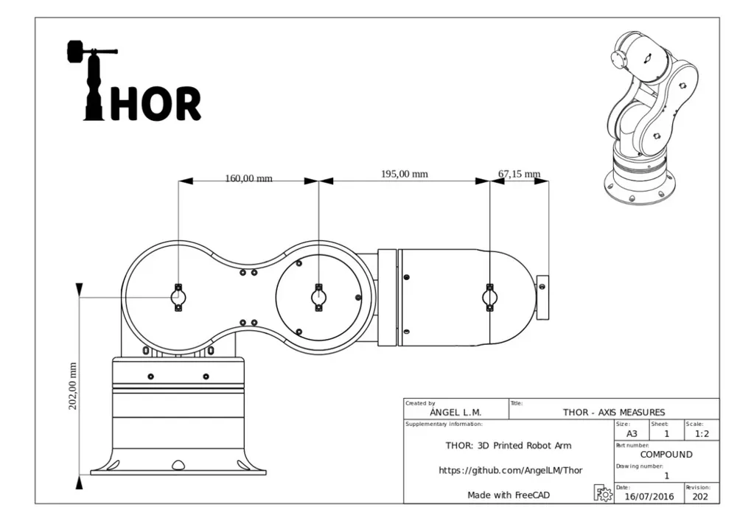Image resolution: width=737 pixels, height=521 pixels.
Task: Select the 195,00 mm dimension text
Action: point(404,174)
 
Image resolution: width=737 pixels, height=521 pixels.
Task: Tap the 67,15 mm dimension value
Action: point(519,174)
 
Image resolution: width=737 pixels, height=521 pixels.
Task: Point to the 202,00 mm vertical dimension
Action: point(72,385)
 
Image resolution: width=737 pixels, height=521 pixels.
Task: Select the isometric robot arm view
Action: point(648,118)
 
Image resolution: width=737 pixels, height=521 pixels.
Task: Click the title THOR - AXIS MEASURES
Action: point(613,412)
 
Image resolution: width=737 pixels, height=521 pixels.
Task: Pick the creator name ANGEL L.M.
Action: point(455,413)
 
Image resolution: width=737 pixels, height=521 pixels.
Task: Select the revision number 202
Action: point(701,497)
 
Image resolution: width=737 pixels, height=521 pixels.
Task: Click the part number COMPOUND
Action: point(666,455)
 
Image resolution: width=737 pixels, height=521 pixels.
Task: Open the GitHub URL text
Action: point(511,470)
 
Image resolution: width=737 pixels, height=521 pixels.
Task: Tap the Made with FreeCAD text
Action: point(509,495)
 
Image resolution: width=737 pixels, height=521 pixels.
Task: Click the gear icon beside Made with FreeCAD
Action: point(603,494)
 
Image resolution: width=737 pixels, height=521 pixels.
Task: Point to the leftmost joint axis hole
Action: point(178,297)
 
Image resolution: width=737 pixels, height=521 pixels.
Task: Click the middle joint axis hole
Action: point(318,297)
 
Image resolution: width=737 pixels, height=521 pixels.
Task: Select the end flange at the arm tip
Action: point(543,297)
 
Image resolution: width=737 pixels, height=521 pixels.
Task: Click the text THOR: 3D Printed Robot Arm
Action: point(508,445)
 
